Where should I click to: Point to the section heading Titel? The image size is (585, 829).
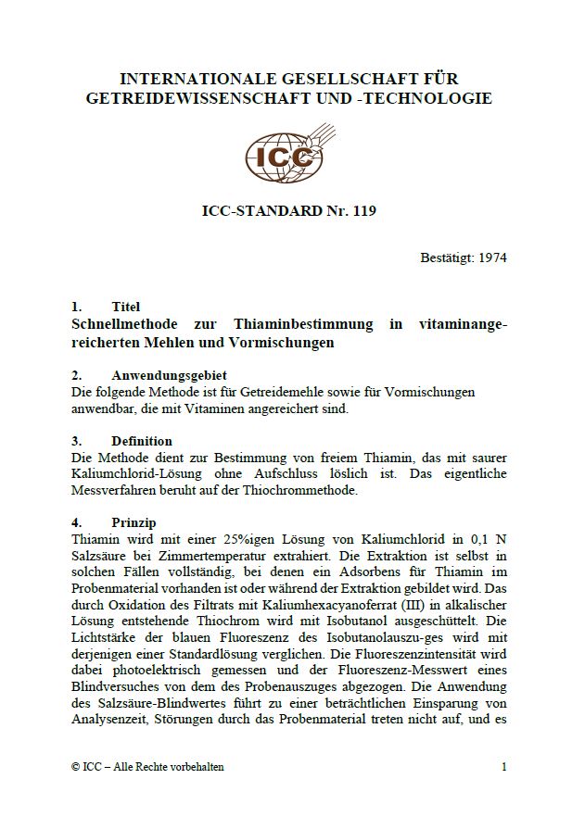tap(125, 307)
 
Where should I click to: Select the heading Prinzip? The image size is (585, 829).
tap(134, 522)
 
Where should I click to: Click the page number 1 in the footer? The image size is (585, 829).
tap(503, 767)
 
